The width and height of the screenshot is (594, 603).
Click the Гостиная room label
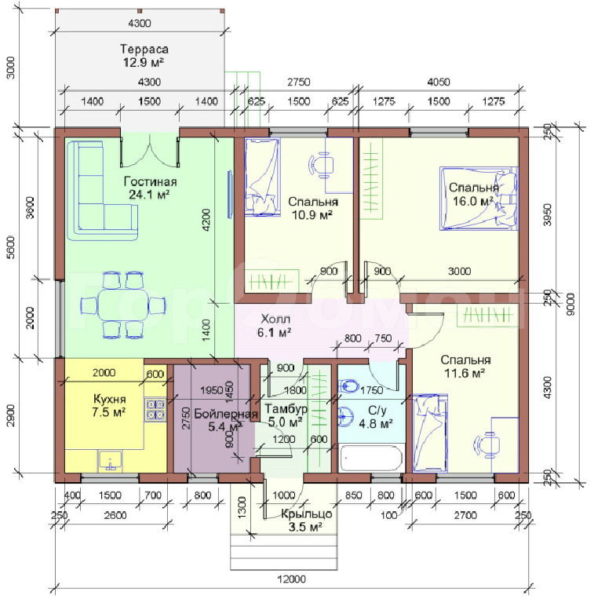click(150, 181)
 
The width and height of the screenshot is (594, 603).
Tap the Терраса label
click(144, 49)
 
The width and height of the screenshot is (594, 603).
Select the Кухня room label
click(110, 399)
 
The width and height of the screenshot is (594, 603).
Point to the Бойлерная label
click(225, 414)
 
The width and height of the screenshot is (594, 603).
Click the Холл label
click(275, 319)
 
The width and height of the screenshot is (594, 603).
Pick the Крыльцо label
click(306, 513)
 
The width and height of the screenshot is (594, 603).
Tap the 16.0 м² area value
click(472, 201)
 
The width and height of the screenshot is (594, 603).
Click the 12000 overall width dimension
click(293, 579)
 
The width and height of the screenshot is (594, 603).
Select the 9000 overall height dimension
click(571, 304)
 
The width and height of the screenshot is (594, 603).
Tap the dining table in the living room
click(123, 305)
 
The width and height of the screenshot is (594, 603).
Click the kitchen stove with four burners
click(155, 409)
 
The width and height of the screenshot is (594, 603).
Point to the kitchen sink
click(111, 461)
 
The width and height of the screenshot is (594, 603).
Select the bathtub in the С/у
click(371, 458)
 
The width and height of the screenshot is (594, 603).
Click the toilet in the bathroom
click(349, 386)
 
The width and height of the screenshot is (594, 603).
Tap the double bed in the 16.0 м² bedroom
click(479, 199)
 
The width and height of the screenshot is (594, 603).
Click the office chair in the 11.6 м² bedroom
click(486, 445)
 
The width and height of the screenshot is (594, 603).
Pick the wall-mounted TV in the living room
click(230, 195)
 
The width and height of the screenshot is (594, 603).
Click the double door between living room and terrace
click(150, 152)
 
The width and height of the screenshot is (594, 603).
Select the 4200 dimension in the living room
click(206, 220)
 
